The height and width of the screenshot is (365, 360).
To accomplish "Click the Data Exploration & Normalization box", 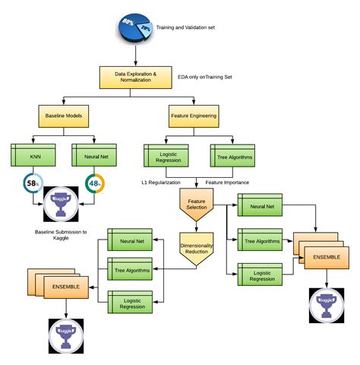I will tap(136, 77).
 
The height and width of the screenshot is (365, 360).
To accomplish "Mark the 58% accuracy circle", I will tap(32, 186).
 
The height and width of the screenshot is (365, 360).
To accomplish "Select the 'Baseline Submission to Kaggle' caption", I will tap(61, 235).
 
